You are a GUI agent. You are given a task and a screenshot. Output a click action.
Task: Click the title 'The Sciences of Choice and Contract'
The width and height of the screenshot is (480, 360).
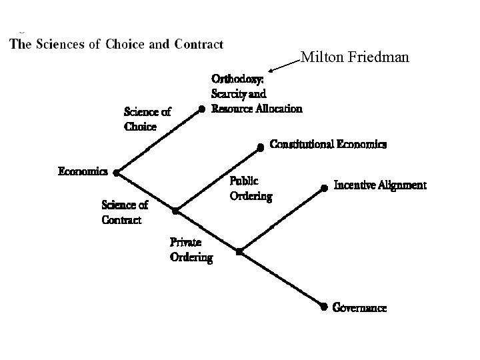116,45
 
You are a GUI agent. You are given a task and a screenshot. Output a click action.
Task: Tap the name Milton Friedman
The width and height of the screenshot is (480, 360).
355,58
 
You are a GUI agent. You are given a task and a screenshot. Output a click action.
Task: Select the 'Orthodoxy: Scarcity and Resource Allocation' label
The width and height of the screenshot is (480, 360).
256,94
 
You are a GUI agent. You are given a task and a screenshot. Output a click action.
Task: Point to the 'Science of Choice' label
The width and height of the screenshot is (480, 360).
147,119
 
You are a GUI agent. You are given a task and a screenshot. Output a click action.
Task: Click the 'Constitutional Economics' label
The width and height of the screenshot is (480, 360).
328,144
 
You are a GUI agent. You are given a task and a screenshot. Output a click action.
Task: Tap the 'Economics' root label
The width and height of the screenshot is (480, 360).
83,171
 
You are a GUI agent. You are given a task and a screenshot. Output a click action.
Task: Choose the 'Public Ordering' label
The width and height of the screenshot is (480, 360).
251,188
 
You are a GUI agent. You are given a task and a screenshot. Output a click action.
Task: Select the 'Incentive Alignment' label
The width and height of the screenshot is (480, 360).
379,185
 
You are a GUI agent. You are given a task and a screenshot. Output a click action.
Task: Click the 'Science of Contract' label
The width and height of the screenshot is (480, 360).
124,213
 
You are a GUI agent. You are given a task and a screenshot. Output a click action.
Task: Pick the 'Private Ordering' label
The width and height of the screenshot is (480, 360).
191,249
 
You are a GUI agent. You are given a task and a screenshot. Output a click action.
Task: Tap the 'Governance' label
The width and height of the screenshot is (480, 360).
359,308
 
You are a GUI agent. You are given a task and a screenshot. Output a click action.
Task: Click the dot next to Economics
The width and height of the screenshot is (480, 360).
116,173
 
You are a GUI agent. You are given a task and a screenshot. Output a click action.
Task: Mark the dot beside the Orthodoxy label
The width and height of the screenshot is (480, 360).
201,109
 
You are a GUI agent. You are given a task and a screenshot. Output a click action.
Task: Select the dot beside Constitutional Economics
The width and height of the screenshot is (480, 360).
261,147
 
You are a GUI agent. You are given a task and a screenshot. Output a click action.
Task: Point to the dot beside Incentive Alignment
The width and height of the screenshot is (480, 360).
325,187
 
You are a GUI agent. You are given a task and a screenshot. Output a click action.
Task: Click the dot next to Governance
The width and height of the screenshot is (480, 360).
323,307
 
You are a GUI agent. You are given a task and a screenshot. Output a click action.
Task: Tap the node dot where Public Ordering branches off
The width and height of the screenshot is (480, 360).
175,211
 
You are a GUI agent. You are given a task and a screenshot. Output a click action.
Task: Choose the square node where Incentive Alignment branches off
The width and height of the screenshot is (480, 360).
239,252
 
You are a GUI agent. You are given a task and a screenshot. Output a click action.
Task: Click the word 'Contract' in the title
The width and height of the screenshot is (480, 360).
199,45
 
